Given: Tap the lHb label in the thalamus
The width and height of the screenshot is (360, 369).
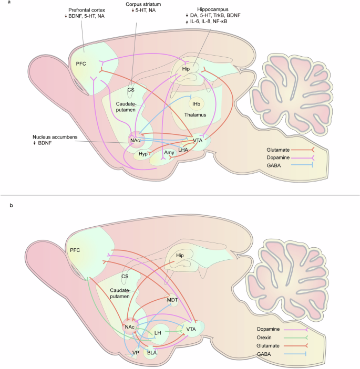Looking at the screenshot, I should click(196, 105).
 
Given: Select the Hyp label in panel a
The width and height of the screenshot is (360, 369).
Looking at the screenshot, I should click(143, 154).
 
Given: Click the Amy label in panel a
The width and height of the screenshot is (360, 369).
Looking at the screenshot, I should click(169, 153).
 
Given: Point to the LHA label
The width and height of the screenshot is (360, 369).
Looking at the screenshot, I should click(183, 150).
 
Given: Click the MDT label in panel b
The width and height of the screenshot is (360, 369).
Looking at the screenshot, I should click(173, 300).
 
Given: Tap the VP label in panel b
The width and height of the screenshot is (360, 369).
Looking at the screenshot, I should click(136, 353).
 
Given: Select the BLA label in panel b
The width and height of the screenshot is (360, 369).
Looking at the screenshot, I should click(152, 353).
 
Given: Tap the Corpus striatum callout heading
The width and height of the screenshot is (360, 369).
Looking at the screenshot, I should click(143, 4).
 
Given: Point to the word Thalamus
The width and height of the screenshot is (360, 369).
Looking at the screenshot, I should click(195, 114).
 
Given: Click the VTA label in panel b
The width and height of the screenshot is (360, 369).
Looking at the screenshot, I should click(190, 329).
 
